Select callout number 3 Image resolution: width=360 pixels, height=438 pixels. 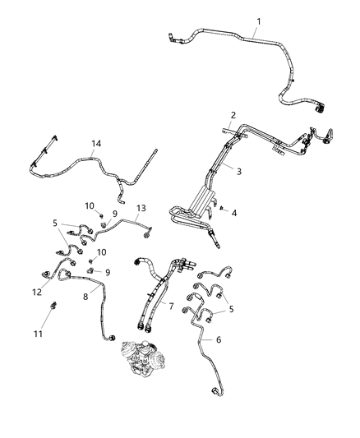click(239, 172)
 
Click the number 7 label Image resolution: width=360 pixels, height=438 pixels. click(171, 306)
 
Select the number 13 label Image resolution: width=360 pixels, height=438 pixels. click(141, 208)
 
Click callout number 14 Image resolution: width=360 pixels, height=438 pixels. click(96, 145)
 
